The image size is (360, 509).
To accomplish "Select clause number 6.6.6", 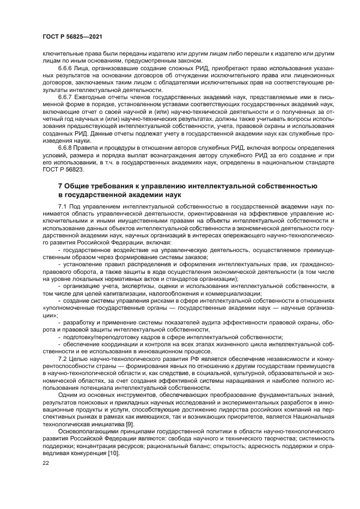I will click(x=67, y=69).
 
